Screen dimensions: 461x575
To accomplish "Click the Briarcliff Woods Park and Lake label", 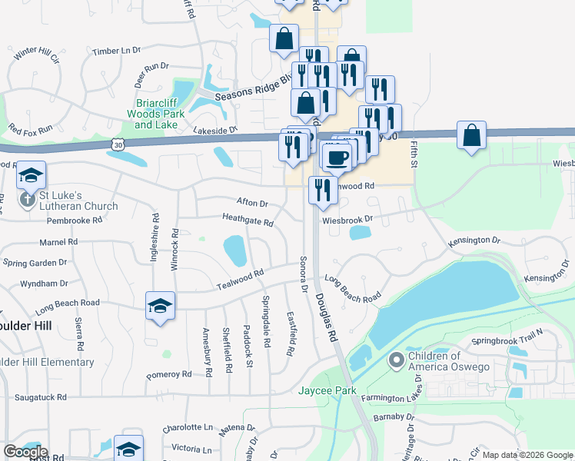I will point(160,114).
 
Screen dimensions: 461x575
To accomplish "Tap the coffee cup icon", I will point(335,158).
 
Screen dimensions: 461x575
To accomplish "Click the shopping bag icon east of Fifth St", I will point(471,135).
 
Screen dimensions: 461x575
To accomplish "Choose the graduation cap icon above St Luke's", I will point(32,176).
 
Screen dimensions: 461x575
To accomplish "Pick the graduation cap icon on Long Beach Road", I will point(160,307).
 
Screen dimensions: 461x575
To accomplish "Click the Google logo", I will point(25,452).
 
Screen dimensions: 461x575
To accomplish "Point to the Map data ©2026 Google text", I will point(527,455).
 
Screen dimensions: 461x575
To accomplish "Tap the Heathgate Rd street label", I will point(248,222).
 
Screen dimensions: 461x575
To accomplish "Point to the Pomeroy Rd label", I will point(168,375).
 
